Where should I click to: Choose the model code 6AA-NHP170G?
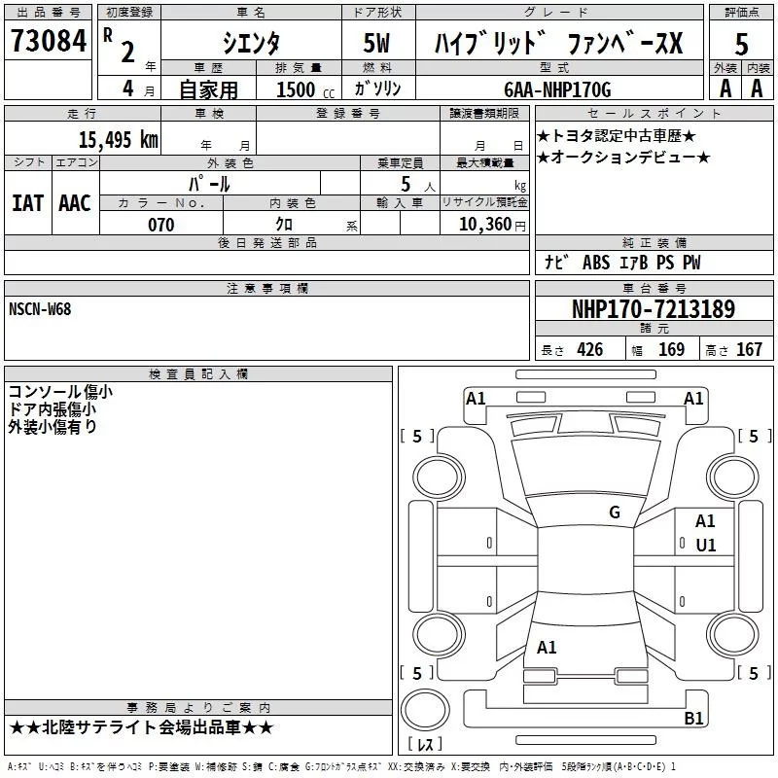click(x=557, y=89)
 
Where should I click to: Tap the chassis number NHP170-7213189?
click(x=654, y=309)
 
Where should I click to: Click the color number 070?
click(x=160, y=225)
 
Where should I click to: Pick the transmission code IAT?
click(x=27, y=203)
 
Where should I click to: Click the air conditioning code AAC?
click(x=74, y=203)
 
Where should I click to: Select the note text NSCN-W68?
click(x=39, y=309)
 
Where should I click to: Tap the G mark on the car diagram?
click(x=615, y=513)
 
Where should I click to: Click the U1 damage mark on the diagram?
click(x=705, y=546)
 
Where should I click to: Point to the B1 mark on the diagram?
click(x=693, y=719)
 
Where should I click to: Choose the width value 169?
click(x=671, y=350)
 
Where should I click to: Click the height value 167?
click(x=749, y=350)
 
